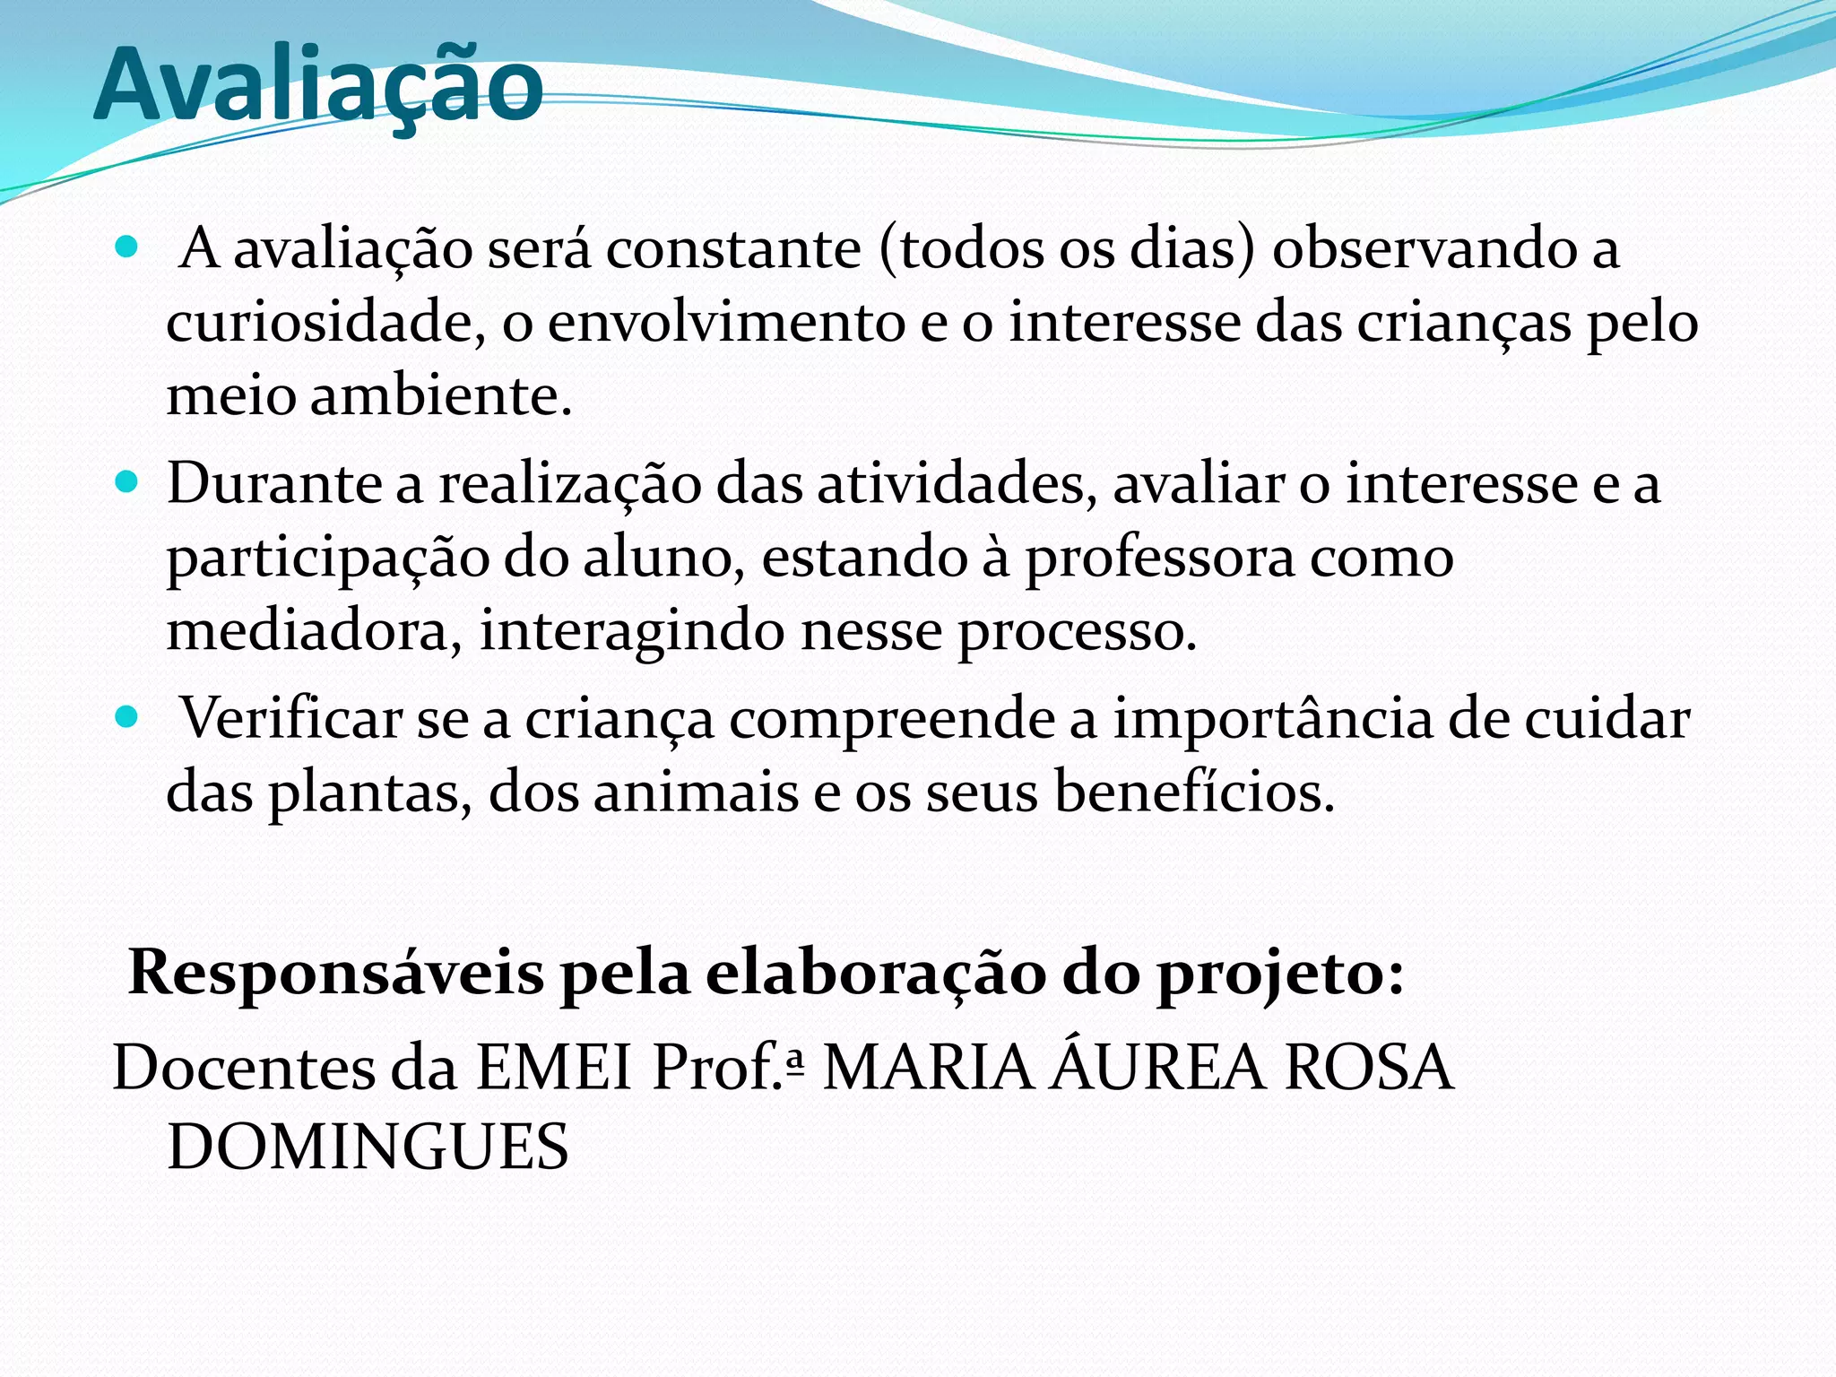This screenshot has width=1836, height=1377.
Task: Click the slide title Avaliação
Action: pos(318,85)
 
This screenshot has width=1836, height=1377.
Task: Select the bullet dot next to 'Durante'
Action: pos(127,483)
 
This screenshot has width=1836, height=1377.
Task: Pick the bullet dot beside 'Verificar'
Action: pos(127,717)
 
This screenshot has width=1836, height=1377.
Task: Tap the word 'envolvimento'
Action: pos(726,322)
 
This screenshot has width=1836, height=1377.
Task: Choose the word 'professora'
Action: pos(1160,559)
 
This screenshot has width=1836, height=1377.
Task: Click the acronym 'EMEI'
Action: pos(554,1068)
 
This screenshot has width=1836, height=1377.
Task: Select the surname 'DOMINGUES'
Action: pos(368,1147)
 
